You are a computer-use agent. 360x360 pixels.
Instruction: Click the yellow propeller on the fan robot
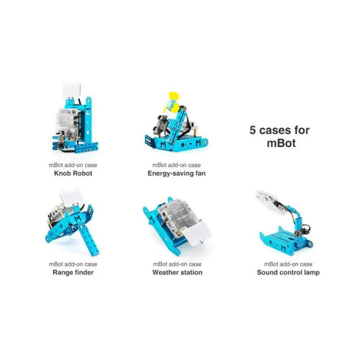[x=172, y=103]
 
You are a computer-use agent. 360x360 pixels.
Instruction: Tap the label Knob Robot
[x=73, y=174]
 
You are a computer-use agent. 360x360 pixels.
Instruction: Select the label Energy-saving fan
[x=176, y=174]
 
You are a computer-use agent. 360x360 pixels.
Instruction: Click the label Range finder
[x=73, y=272]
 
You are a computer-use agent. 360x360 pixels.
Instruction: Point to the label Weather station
[x=177, y=272]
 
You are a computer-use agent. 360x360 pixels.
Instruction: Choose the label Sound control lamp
[x=288, y=272]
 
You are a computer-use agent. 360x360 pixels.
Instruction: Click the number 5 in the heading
[x=253, y=130]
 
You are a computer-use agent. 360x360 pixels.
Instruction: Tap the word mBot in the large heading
[x=282, y=143]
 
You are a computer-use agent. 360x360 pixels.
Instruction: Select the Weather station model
[x=177, y=225]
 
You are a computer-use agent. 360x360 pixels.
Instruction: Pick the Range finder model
[x=72, y=222]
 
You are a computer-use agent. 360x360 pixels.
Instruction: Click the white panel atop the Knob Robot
[x=72, y=89]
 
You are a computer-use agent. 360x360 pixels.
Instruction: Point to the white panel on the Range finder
[x=72, y=197]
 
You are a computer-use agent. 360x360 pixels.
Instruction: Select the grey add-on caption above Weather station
[x=177, y=264]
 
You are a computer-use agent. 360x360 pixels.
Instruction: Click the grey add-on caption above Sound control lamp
[x=288, y=264]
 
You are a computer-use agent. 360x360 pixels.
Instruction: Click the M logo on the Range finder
[x=78, y=218]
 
